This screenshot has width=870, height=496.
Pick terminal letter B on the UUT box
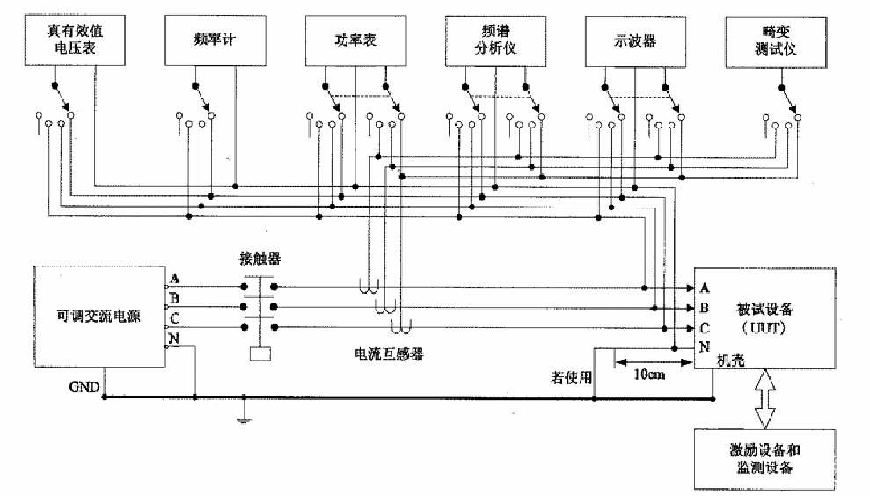(x=704, y=308)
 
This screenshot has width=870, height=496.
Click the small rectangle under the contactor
(x=260, y=354)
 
